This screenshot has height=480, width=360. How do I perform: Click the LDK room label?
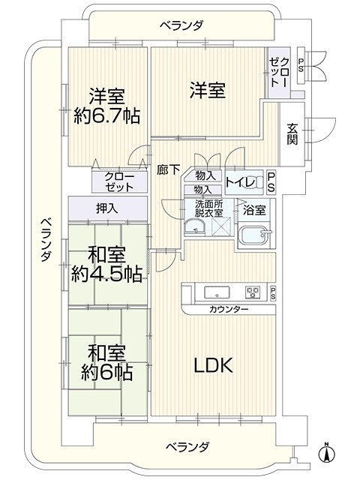pos(214,365)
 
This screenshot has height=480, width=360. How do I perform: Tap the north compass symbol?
pos(327,452)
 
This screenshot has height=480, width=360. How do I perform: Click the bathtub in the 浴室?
pos(255,235)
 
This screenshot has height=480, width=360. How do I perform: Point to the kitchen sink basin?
pos(217,292)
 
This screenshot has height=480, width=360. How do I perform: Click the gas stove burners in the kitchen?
pos(252,292)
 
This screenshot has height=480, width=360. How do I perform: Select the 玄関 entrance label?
pos(292,133)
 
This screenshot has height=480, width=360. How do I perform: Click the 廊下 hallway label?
pos(168,169)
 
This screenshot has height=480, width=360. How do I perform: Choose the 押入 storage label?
pos(107,209)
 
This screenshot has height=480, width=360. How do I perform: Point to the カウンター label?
pos(228,310)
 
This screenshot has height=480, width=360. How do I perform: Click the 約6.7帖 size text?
pos(106,115)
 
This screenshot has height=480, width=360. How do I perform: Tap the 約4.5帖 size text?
pos(106,274)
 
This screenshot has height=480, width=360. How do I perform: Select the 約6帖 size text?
pos(106,372)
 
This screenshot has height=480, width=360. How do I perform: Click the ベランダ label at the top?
pos(181,25)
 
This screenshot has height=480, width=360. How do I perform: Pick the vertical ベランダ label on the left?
pos(46,239)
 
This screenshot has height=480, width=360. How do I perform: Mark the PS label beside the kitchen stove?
pos(272,293)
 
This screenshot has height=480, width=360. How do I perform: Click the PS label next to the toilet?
pos(271,183)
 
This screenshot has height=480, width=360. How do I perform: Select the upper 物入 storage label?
pos(204,175)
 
